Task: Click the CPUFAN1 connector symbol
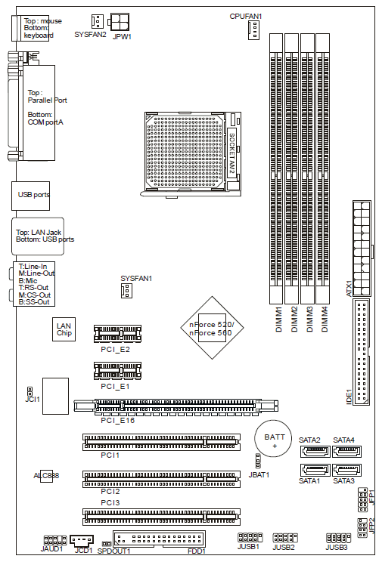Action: tap(253, 30)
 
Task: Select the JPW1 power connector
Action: tap(120, 23)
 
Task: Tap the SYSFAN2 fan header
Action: tap(98, 21)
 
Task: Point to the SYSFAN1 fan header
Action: tap(126, 290)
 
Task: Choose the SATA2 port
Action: tap(315, 451)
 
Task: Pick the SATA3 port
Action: tap(347, 470)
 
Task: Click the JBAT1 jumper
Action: tap(258, 461)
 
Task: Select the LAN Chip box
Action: tap(64, 329)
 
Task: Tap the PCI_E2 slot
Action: tap(117, 335)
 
